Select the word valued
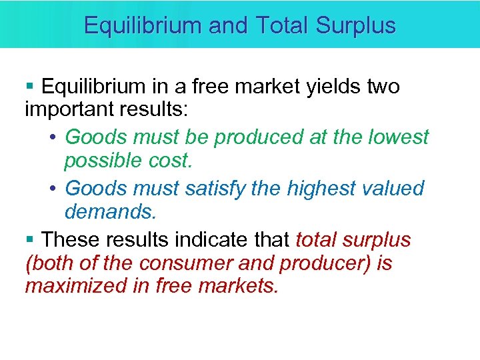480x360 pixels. pos(395,189)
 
